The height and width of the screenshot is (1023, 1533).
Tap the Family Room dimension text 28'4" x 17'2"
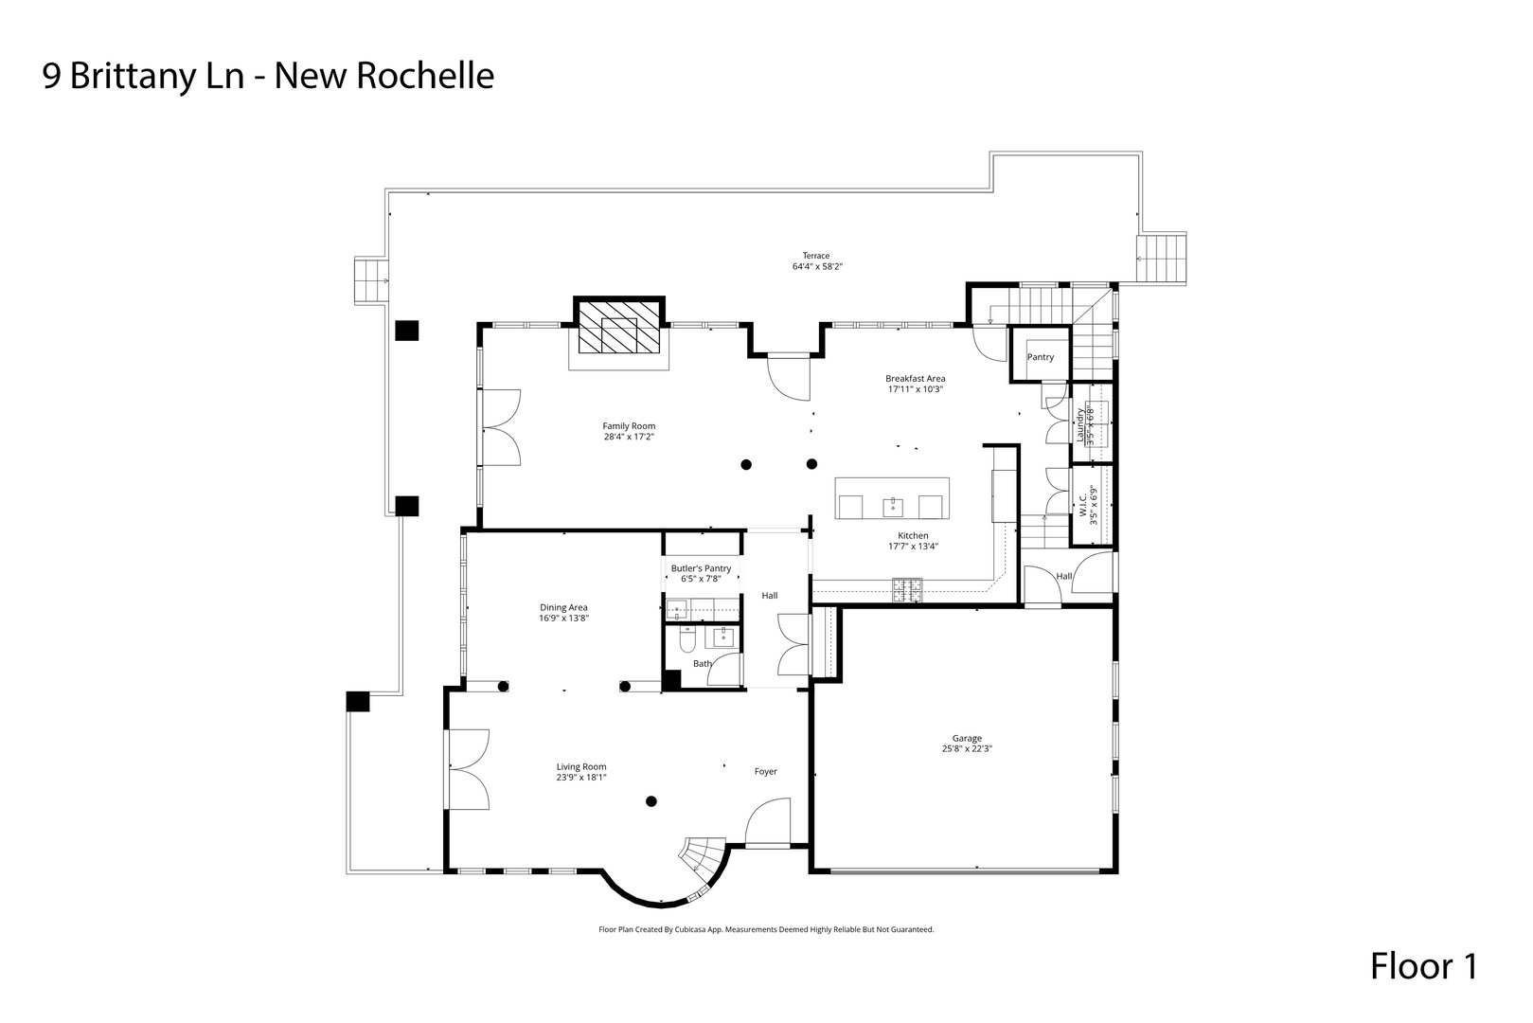629,438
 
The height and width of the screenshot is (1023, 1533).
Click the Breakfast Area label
915,378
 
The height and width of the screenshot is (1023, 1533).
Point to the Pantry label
1040,357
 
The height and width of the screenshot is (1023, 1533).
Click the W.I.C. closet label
1082,505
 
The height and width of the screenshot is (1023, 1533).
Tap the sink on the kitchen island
892,507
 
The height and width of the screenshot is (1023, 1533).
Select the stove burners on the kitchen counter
906,589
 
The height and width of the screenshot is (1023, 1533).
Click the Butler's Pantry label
701,568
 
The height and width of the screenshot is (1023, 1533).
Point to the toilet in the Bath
686,640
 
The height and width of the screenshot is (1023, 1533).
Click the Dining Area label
563,607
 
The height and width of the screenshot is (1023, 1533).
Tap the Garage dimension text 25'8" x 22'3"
967,748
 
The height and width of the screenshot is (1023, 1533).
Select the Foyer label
765,771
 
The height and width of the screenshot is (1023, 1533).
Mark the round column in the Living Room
651,802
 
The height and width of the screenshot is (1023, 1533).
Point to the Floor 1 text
1422,967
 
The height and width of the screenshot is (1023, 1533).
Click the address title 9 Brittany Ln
267,76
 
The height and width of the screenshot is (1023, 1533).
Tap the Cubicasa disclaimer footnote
766,930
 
